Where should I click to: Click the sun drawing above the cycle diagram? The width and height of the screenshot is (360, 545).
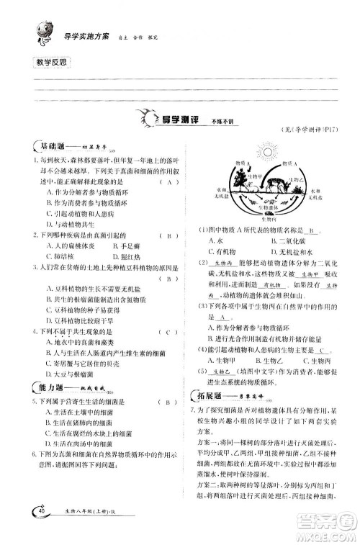[266, 152]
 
